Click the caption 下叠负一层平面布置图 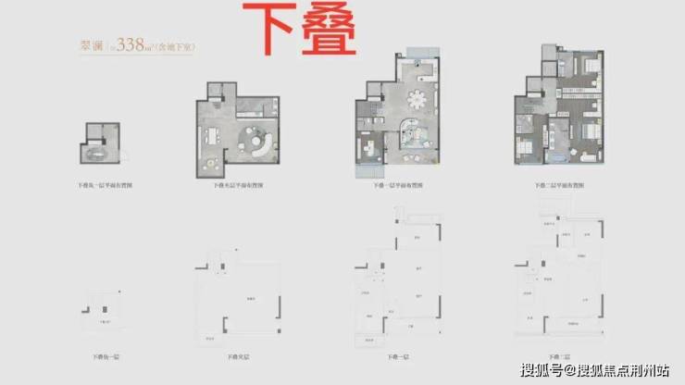pyautogui.click(x=97, y=187)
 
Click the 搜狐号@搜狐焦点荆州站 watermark pyautogui.click(x=596, y=370)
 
